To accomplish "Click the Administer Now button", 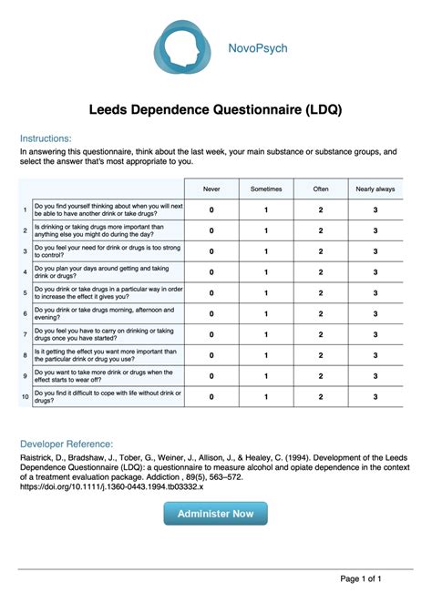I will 216,514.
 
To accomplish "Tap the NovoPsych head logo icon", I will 184,47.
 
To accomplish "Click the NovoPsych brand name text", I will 258,47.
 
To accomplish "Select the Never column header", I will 211,189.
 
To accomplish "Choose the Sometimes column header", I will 266,189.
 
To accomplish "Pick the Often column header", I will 321,189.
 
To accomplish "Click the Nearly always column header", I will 375,189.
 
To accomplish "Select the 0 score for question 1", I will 211,210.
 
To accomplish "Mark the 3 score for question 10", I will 375,397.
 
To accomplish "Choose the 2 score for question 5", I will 321,293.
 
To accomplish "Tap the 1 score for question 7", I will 266,335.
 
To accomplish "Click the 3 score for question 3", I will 375,251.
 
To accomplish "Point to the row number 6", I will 25,314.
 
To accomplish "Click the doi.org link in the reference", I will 111,487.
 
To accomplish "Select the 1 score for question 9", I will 266,376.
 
